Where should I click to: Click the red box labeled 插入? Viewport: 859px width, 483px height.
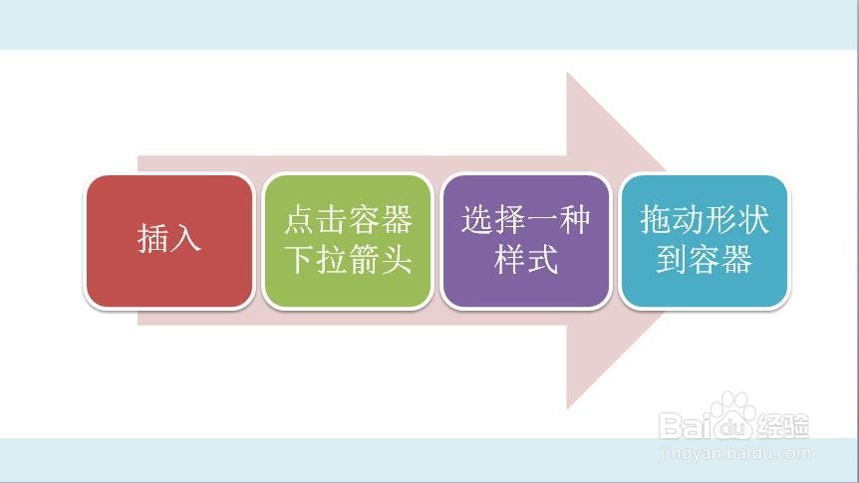coord(169,241)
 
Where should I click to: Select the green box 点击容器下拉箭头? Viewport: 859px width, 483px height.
coord(348,241)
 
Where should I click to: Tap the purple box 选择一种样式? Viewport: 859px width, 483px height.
coord(526,241)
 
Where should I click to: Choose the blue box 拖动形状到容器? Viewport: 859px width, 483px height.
coord(705,241)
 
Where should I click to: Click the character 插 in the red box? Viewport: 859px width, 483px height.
coord(152,239)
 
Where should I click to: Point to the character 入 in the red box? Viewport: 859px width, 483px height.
coord(185,239)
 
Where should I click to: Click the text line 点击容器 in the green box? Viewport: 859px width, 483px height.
coord(348,220)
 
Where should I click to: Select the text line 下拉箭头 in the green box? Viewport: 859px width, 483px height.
coord(348,260)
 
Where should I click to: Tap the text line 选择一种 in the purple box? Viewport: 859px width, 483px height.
coord(526,220)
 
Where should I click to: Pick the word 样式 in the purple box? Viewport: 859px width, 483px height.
coord(526,260)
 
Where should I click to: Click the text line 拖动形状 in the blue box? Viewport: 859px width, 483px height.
coord(705,220)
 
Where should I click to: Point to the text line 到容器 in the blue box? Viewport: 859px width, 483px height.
coord(705,260)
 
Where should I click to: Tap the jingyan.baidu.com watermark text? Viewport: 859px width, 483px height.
coord(734,453)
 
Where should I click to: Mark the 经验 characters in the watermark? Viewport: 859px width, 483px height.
coord(783,426)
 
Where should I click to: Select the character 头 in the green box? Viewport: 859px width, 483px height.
coord(396,260)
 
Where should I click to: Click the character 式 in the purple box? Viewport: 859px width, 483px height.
coord(542,260)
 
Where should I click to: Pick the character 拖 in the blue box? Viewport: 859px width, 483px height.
coord(657,220)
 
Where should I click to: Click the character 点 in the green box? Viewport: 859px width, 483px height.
coord(300,220)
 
